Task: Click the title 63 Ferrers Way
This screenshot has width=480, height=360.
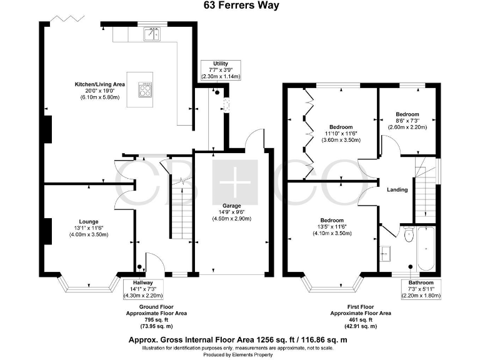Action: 239,6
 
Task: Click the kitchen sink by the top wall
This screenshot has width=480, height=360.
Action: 152,35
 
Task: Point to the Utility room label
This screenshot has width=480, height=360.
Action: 221,69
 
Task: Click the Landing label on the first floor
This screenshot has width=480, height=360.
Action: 397,189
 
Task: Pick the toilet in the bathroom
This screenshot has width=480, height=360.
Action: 409,235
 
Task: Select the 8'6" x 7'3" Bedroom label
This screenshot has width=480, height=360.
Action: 406,121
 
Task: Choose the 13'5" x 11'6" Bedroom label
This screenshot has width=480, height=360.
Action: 331,226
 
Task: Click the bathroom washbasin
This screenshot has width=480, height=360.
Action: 385,252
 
